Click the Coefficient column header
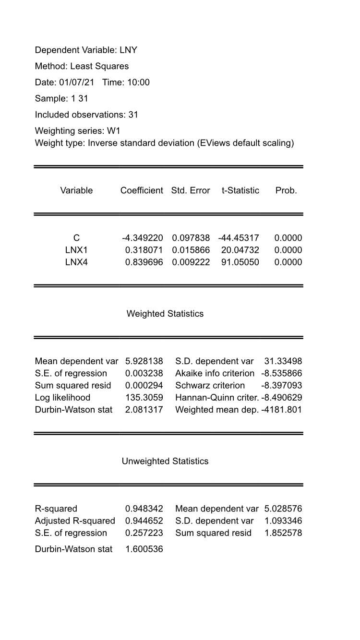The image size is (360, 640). [x=142, y=190]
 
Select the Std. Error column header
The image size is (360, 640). [x=191, y=190]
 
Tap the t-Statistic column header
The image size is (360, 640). [x=240, y=190]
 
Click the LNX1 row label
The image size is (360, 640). [x=76, y=250]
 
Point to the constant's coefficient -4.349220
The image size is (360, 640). [x=143, y=238]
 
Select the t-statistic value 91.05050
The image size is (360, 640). [x=240, y=262]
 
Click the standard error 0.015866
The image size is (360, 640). [x=191, y=250]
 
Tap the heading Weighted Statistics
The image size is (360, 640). [x=165, y=314]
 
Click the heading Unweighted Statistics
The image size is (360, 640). [x=165, y=461]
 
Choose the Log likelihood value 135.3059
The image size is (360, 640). [x=144, y=398]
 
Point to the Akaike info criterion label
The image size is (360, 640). [x=215, y=373]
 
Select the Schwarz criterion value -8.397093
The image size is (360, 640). [x=282, y=386]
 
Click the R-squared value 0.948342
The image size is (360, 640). [x=144, y=509]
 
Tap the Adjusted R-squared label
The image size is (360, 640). [x=75, y=521]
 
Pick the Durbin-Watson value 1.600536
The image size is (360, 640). [x=144, y=549]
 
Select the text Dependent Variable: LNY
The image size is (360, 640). [x=86, y=50]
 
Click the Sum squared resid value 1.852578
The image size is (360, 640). [x=283, y=533]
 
